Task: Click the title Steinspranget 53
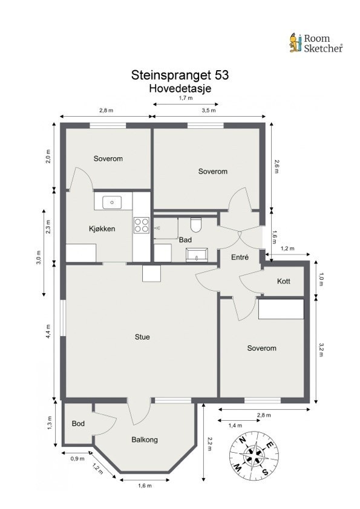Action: [180, 76]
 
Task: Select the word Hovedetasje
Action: [180, 88]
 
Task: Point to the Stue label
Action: [142, 337]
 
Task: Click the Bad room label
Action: [185, 240]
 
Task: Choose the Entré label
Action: [240, 258]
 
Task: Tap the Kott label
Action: [284, 282]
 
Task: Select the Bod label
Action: [77, 423]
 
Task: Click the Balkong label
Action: [145, 439]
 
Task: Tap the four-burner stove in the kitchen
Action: [142, 225]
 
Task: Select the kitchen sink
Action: [112, 202]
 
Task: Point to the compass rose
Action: [254, 453]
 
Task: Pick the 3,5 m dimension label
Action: [209, 111]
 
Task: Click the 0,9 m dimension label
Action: [77, 459]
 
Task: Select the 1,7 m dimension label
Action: [185, 98]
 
